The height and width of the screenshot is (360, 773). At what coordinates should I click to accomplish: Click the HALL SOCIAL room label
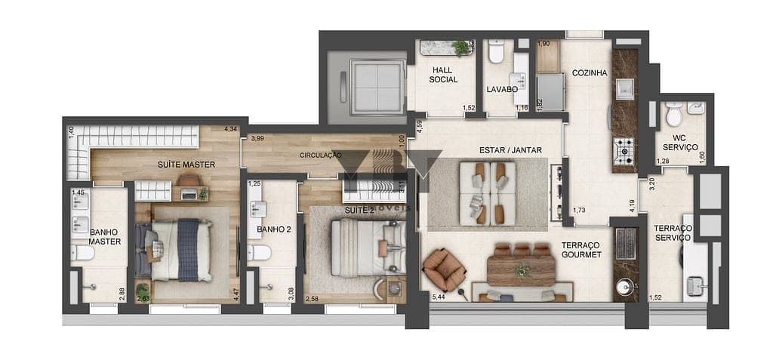[443, 74]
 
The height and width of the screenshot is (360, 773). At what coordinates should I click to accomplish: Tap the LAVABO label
[502, 89]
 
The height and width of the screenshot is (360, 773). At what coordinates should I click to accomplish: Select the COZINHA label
[590, 72]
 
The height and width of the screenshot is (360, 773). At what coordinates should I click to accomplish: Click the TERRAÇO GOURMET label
[581, 250]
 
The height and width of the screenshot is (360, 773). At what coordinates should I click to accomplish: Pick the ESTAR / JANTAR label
[510, 150]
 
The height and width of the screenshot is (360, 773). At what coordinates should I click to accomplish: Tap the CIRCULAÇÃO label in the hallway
[321, 155]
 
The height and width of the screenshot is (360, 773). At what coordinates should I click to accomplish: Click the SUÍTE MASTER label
[186, 164]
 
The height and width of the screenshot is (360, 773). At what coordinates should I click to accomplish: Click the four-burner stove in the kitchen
[624, 151]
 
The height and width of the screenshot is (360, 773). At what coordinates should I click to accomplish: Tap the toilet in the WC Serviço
[673, 115]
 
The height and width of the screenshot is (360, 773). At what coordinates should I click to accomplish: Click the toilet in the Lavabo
[496, 52]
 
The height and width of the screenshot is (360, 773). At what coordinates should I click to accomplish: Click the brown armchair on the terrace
[444, 268]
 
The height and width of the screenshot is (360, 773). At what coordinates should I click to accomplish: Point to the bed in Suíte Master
[181, 250]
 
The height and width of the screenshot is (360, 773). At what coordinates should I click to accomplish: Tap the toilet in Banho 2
[258, 251]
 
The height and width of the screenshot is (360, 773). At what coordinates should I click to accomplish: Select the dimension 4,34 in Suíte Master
[230, 129]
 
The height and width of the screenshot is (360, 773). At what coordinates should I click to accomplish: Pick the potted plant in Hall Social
[460, 48]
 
